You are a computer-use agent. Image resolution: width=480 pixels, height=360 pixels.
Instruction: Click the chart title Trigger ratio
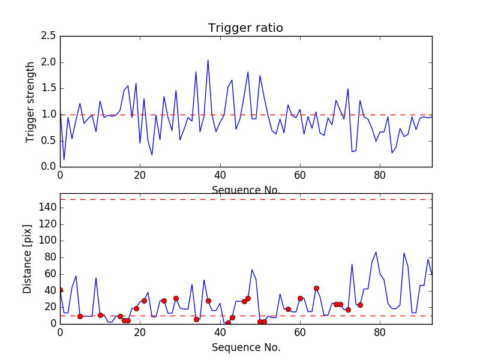click(245, 28)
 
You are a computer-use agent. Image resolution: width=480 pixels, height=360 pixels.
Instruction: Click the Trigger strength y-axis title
click(31, 101)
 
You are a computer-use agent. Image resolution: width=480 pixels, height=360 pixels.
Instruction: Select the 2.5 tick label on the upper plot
click(49, 37)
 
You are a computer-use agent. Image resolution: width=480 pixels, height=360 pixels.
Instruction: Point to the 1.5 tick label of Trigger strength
click(49, 88)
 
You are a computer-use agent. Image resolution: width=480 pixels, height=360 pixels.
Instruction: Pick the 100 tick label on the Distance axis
click(47, 241)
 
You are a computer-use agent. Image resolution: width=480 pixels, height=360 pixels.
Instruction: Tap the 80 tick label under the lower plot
click(380, 334)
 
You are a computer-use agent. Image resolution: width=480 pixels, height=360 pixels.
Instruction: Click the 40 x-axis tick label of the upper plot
click(220, 176)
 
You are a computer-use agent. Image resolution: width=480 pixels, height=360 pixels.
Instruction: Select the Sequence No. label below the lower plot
click(246, 347)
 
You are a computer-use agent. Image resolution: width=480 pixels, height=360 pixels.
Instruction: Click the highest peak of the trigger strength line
click(208, 60)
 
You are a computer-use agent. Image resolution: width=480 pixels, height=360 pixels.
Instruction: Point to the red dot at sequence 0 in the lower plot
click(60, 290)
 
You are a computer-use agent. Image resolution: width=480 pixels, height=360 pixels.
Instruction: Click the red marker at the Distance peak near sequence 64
click(316, 288)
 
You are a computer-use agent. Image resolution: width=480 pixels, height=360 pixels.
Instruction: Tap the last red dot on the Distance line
click(360, 305)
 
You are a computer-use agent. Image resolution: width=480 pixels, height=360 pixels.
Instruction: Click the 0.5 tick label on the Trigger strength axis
click(49, 140)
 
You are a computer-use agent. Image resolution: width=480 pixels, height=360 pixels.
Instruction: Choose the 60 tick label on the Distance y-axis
click(50, 274)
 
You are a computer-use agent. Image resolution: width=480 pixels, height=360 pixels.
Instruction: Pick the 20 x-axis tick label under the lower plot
click(140, 334)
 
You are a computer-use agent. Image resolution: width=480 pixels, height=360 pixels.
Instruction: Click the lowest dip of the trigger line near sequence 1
click(64, 160)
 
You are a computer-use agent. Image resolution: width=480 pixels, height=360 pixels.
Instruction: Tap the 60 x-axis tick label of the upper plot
click(300, 176)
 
